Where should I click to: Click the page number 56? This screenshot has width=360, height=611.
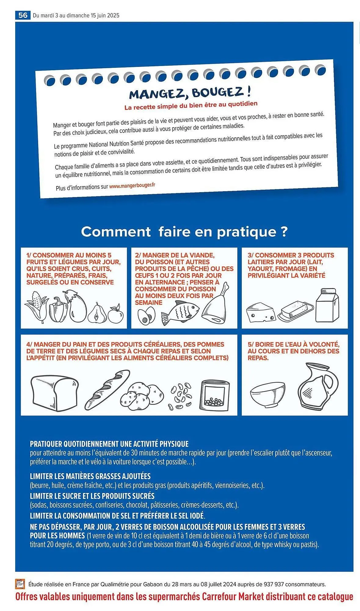[23, 15]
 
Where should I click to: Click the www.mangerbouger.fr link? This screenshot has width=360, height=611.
[132, 185]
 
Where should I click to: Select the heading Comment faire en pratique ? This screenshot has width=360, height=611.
[184, 232]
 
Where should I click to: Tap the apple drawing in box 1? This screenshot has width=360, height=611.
[116, 314]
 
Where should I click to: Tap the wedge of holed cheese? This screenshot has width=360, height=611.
[260, 312]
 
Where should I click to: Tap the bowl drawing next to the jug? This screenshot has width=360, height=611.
[267, 394]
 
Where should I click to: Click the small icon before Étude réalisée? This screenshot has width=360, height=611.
[20, 584]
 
